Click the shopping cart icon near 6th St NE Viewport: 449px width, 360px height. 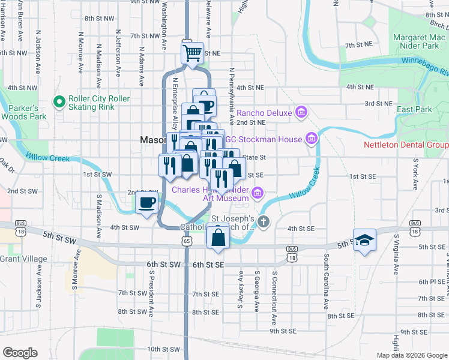tap(192, 53)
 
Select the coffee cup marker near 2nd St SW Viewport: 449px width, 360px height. tap(146, 202)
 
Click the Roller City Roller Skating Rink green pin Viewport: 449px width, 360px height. tap(59, 103)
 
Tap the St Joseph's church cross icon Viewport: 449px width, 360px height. tap(264, 222)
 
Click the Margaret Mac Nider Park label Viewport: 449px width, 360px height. tap(416, 41)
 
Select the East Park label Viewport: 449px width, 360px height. tap(414, 110)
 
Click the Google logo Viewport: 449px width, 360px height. tap(20, 353)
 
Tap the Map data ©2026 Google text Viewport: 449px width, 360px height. tap(411, 355)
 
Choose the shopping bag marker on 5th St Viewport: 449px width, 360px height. tap(217, 238)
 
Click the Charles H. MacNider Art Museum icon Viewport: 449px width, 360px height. tap(258, 193)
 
